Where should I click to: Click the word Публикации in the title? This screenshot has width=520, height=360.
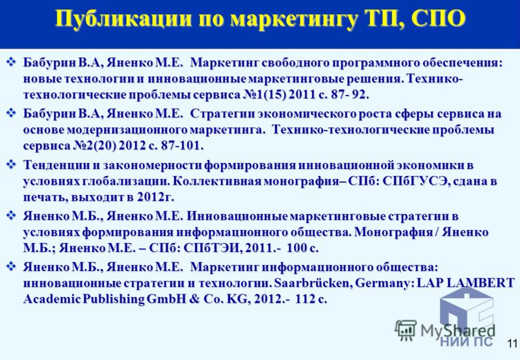123,19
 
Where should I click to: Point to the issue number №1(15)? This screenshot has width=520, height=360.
265,95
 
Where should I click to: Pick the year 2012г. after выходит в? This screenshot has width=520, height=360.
155,198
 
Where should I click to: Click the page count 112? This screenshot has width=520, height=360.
305,299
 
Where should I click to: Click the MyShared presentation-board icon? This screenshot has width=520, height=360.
406,330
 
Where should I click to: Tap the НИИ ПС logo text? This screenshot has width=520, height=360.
466,341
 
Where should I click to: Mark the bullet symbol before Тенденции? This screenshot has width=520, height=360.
12,164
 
